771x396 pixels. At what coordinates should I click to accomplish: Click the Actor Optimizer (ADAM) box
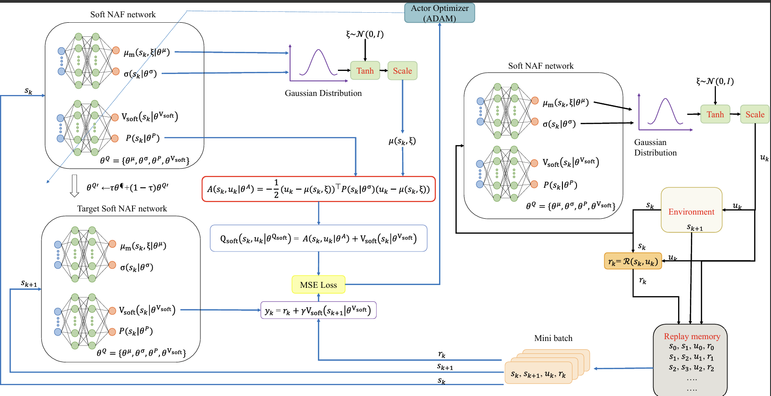click(439, 13)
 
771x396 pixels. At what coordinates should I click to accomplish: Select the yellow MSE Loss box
click(318, 285)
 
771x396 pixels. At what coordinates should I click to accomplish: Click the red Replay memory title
click(692, 336)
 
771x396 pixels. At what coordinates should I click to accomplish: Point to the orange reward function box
click(633, 261)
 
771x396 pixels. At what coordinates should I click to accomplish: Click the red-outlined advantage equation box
click(318, 189)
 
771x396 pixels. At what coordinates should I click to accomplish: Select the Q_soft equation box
click(318, 238)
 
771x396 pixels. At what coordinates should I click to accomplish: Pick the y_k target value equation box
click(318, 311)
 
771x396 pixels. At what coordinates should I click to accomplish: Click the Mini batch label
click(553, 338)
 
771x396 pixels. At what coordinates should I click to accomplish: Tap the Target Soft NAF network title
click(122, 209)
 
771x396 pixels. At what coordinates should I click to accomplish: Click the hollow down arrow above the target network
click(74, 186)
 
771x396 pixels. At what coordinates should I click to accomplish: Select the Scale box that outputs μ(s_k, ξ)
click(402, 71)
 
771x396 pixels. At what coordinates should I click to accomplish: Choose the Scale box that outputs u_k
click(755, 115)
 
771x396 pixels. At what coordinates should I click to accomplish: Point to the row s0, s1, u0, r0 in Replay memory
click(691, 347)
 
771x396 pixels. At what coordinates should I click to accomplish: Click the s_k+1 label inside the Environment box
click(694, 227)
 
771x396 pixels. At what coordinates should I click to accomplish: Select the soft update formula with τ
click(128, 187)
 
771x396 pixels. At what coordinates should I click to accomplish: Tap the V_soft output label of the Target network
click(147, 310)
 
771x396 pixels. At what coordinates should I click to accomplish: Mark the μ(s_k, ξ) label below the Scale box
click(402, 141)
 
